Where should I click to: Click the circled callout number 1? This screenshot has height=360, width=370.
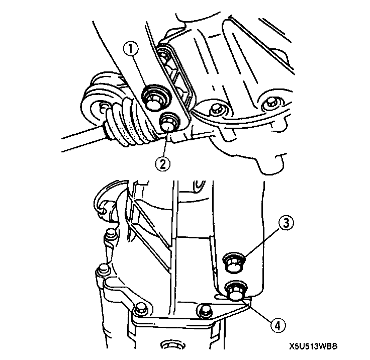pos(132,50)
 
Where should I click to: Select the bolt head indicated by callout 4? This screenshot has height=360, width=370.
pos(235,290)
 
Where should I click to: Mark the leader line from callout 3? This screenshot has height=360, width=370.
pos(259,243)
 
